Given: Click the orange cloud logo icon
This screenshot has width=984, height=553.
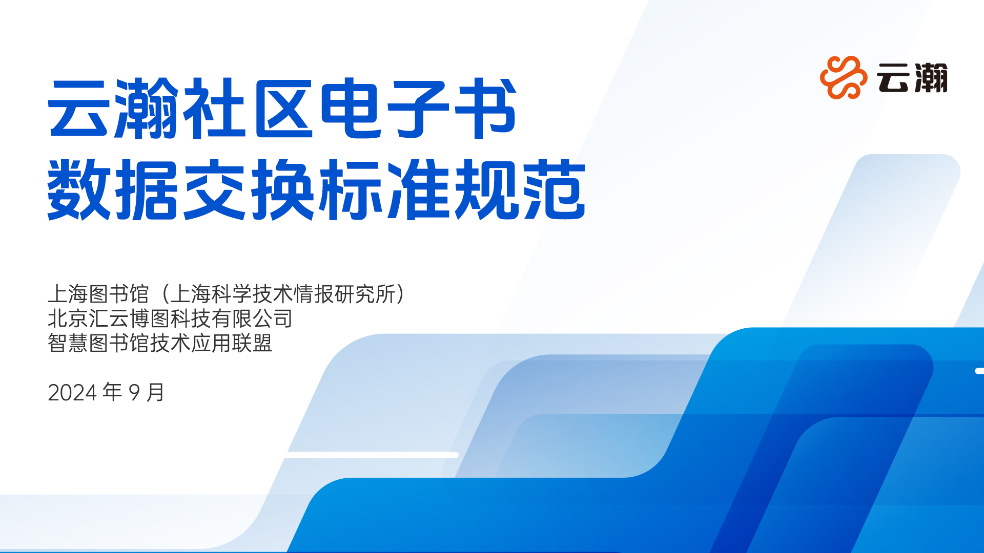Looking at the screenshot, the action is pyautogui.click(x=843, y=77).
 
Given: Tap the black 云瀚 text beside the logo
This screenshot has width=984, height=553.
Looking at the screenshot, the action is pyautogui.click(x=912, y=78).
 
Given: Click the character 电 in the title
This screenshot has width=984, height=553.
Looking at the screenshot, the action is pyautogui.click(x=351, y=109).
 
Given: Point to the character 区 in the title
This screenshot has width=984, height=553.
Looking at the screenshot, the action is pyautogui.click(x=283, y=109).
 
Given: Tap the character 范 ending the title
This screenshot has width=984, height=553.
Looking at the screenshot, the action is pyautogui.click(x=555, y=189).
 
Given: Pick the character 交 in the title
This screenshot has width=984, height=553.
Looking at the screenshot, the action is pyautogui.click(x=214, y=189).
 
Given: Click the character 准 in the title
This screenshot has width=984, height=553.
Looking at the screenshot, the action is pyautogui.click(x=419, y=189).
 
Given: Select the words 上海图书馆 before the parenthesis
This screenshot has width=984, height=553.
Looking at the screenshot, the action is pyautogui.click(x=98, y=294).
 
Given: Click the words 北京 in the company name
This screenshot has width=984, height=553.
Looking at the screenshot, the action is pyautogui.click(x=68, y=318).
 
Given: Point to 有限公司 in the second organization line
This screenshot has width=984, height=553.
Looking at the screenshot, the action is pyautogui.click(x=252, y=318).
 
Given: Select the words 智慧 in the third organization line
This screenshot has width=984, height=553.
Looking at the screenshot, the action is pyautogui.click(x=68, y=343).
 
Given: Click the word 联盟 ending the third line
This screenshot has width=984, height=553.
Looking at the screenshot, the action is pyautogui.click(x=252, y=343).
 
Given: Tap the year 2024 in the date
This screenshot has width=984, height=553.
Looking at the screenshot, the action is pyautogui.click(x=72, y=393).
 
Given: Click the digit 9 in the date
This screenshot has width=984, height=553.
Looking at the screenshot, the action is pyautogui.click(x=134, y=393).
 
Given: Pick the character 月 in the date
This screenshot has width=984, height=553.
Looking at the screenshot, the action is pyautogui.click(x=155, y=392).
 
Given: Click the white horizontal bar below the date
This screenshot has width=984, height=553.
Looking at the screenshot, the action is pyautogui.click(x=372, y=455).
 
